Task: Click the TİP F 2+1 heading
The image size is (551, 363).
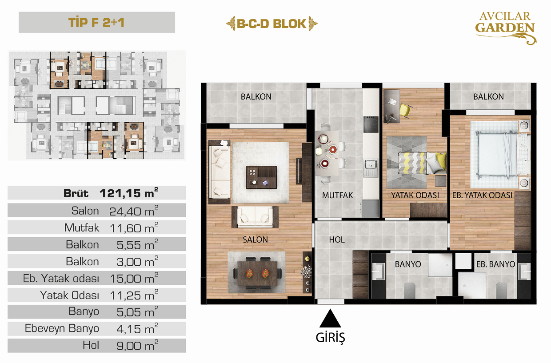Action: click(96, 22)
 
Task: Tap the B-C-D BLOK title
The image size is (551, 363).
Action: click(272, 24)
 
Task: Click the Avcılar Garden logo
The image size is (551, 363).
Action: click(506, 28)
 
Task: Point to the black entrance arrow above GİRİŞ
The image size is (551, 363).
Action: click(330, 318)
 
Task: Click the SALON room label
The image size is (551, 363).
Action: click(256, 239)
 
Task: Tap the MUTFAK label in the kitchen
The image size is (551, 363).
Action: click(338, 195)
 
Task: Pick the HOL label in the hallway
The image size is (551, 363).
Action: click(337, 239)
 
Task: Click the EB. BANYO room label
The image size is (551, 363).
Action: click(495, 264)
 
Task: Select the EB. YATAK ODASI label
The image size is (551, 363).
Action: click(482, 195)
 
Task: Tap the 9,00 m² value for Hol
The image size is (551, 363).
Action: click(137, 346)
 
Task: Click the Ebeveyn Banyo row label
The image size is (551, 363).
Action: click(62, 328)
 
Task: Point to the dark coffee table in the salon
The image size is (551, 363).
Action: click(261, 177)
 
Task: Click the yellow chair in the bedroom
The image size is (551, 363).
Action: click(405, 110)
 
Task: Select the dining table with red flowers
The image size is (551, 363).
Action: click(258, 274)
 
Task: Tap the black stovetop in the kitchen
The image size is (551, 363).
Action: click(371, 124)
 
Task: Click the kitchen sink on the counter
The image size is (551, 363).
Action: click(371, 164)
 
